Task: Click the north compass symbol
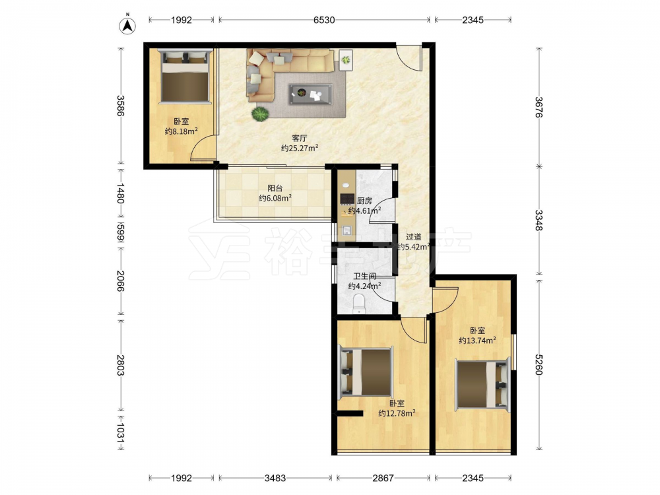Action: point(127,25)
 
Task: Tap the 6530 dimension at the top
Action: point(324,20)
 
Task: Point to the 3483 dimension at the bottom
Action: point(275,478)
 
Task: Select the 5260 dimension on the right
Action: point(539,364)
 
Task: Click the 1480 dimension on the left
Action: point(120,193)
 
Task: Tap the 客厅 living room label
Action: point(299,138)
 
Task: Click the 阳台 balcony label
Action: point(275,188)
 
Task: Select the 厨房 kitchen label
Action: point(364,201)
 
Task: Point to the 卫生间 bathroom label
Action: point(364,276)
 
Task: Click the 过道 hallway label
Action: point(413,237)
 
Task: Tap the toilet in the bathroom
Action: point(359,304)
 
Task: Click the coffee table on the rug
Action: point(311,94)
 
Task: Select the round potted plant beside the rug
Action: point(260,114)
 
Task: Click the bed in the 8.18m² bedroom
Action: point(185,76)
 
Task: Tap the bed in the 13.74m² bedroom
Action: point(484,385)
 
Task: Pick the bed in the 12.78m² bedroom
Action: point(366,371)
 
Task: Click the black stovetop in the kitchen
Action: point(347,199)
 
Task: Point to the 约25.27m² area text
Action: point(299,148)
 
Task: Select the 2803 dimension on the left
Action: point(120,365)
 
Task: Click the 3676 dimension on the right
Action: point(539,108)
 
